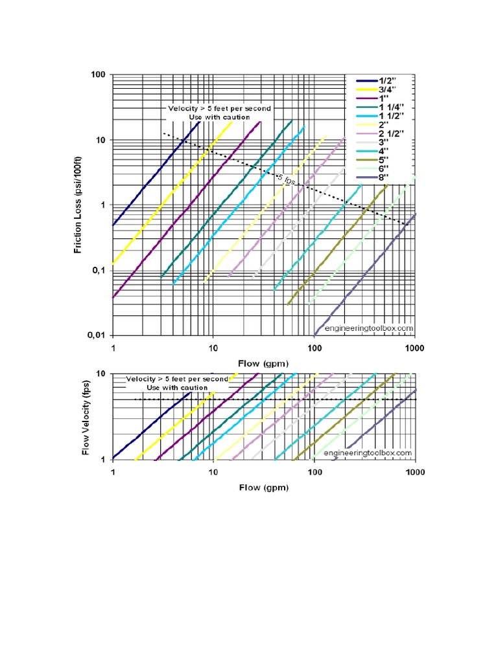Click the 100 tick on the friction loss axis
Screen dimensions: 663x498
click(x=97, y=74)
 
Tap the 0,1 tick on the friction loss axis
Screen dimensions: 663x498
click(x=97, y=271)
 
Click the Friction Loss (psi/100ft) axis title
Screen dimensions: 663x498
click(x=78, y=205)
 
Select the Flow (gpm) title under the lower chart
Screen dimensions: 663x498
click(x=263, y=487)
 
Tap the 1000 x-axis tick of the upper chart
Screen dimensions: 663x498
click(x=414, y=348)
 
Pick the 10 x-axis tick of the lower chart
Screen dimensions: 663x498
click(x=213, y=472)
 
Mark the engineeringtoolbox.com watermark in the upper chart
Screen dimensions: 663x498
click(x=368, y=328)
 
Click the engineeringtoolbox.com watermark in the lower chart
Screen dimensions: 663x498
click(x=367, y=453)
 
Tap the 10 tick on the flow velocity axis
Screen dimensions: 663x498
click(x=101, y=374)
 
